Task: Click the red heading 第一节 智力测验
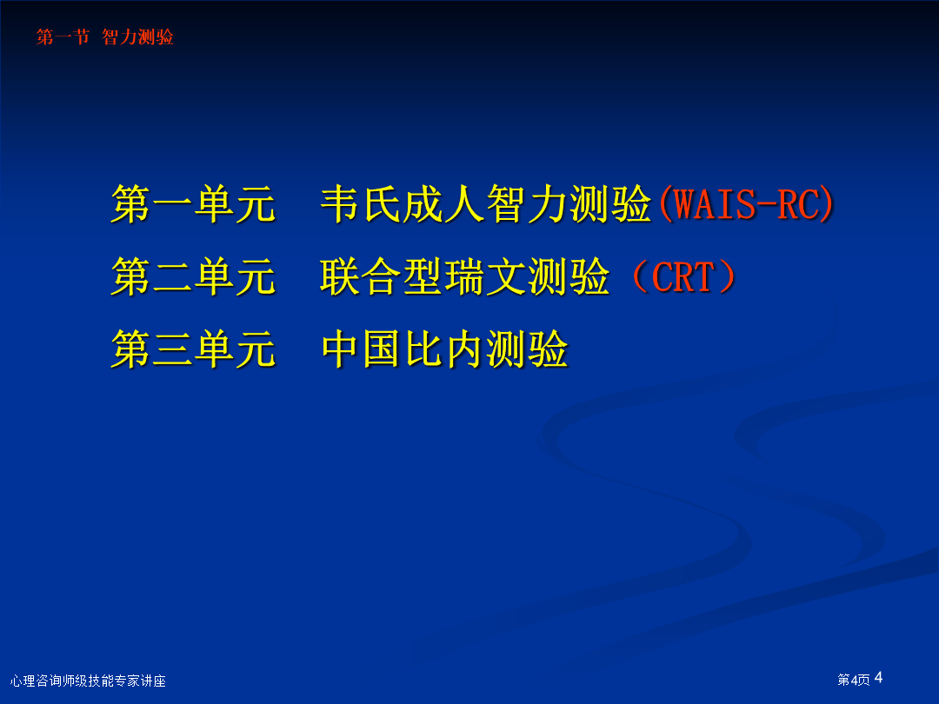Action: click(105, 37)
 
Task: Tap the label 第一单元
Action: click(193, 204)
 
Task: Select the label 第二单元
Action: click(193, 276)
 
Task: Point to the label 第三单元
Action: click(193, 349)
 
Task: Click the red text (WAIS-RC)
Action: click(746, 204)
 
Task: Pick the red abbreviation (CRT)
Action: click(683, 276)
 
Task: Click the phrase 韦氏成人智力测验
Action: click(486, 204)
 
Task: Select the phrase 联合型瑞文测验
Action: click(465, 276)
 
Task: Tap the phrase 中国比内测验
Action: click(445, 349)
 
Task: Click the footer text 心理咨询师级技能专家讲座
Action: click(88, 681)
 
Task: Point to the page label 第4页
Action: click(854, 680)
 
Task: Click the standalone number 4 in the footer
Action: click(878, 678)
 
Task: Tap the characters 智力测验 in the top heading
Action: click(137, 37)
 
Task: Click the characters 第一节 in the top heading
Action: click(63, 37)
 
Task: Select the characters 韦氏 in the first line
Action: click(361, 204)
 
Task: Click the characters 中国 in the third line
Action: click(361, 349)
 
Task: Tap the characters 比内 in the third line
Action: click(443, 349)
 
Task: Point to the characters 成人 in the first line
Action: click(443, 204)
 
